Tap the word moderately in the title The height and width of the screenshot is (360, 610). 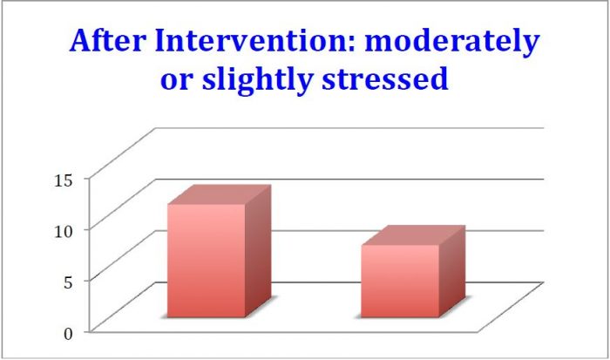tap(452, 43)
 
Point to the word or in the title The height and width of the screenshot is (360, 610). tap(177, 79)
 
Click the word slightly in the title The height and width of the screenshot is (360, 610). tap(257, 80)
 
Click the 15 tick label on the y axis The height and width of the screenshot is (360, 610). tap(63, 180)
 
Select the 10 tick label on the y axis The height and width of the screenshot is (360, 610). tap(63, 232)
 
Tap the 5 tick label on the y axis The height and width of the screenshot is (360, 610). tap(68, 282)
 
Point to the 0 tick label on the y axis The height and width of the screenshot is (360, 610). tap(68, 334)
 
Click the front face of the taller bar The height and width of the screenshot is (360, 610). tap(207, 261)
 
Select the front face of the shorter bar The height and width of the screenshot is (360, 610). tap(400, 282)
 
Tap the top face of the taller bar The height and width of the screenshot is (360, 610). tap(220, 194)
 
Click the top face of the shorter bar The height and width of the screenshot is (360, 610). tap(413, 235)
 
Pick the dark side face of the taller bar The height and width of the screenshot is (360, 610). tap(258, 251)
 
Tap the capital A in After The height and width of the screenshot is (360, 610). tap(82, 41)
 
